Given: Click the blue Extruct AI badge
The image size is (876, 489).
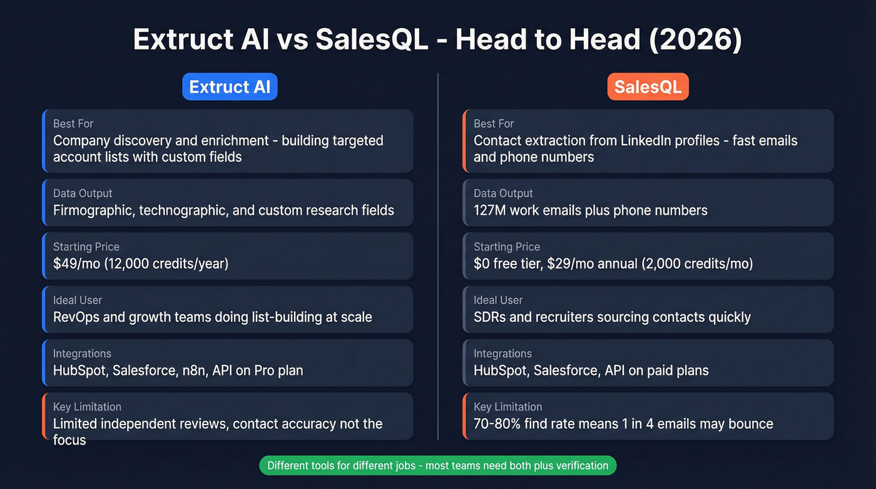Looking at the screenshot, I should pyautogui.click(x=230, y=87).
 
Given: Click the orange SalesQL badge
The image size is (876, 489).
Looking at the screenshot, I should pyautogui.click(x=648, y=87).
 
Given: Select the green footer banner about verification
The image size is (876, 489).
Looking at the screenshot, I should pyautogui.click(x=437, y=465).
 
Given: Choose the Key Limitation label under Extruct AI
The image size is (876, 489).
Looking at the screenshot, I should pyautogui.click(x=87, y=407).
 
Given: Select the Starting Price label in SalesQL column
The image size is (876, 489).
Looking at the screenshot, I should pyautogui.click(x=507, y=247).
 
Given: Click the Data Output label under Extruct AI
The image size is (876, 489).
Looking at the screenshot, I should pyautogui.click(x=83, y=193).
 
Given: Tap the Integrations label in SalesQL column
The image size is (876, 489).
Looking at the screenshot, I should pyautogui.click(x=502, y=354).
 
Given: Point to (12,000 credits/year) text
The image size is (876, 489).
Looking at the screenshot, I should pyautogui.click(x=167, y=264).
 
